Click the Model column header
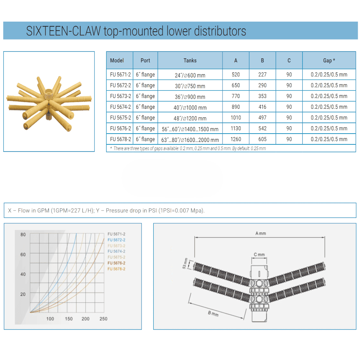point(117,60)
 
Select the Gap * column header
point(329,60)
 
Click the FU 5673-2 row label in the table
point(121,96)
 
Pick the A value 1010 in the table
point(236,118)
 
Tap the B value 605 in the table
point(262,139)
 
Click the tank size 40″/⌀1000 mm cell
point(190,107)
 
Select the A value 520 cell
point(236,75)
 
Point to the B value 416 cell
point(262,107)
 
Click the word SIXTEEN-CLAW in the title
point(63,31)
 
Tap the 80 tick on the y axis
point(23,235)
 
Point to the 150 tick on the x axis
point(69,319)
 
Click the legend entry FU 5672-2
point(116,240)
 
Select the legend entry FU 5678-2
point(116,269)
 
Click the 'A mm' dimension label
point(261,234)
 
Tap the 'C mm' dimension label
point(259,255)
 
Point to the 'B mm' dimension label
point(213,314)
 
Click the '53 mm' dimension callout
point(185,264)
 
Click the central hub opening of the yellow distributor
point(49,92)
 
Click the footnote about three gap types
point(188,149)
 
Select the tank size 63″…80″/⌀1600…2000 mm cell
point(190,140)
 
